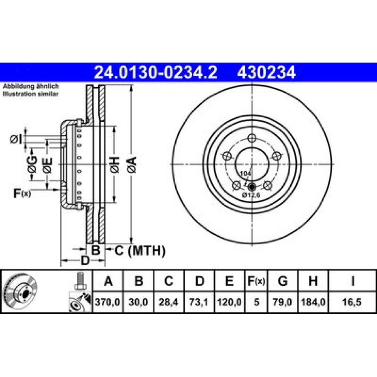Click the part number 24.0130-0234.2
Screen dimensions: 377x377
point(155,72)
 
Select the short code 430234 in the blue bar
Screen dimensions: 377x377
point(266,72)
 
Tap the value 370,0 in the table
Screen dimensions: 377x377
point(107,302)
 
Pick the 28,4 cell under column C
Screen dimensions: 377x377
point(169,302)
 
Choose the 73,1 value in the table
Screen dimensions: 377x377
point(199,302)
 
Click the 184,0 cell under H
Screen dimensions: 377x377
point(313,302)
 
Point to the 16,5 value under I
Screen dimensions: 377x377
point(352,302)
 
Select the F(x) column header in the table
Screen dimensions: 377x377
point(256,281)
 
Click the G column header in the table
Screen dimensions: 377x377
point(282,281)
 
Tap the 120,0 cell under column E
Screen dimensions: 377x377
point(229,302)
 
